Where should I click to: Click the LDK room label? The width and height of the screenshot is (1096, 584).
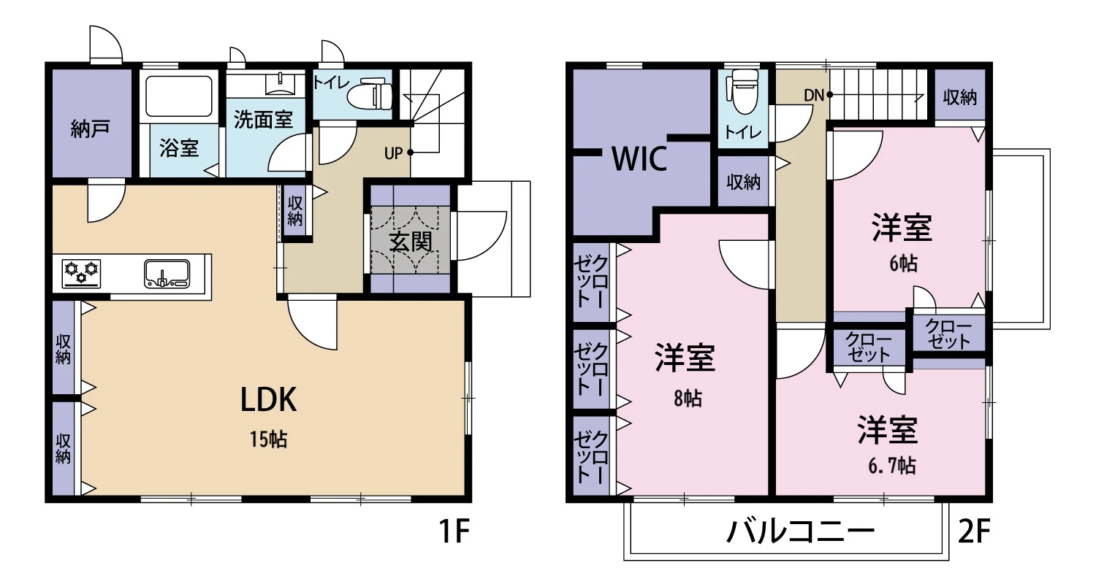tap(269, 400)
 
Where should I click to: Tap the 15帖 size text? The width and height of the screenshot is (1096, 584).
tap(269, 440)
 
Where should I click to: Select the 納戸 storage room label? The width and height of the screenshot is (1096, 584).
tap(90, 129)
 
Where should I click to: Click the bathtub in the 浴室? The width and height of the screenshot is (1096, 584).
tap(179, 96)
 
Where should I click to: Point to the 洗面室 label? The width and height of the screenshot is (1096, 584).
tap(263, 120)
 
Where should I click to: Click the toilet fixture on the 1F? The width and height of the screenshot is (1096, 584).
tap(370, 94)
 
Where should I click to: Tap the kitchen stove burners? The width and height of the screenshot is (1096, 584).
tap(82, 273)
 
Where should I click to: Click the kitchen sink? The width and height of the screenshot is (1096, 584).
tap(167, 274)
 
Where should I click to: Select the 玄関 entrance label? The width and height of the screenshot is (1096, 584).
tap(411, 242)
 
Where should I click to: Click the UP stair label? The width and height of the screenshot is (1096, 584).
tap(393, 153)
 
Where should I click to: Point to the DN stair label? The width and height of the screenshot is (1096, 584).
tap(814, 96)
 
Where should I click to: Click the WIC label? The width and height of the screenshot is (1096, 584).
tap(639, 158)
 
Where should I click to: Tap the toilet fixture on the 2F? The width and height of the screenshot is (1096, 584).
tap(743, 91)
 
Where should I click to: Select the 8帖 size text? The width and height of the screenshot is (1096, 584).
tap(688, 399)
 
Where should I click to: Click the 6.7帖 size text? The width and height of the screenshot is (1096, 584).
tap(892, 466)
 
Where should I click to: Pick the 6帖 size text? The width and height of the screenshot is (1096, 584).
tap(903, 264)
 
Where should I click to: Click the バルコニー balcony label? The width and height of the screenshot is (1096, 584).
tap(801, 531)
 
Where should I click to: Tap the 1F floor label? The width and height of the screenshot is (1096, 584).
tap(455, 531)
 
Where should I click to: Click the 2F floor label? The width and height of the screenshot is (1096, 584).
tap(974, 531)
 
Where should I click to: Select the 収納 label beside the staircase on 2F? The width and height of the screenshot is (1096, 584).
tap(960, 97)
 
